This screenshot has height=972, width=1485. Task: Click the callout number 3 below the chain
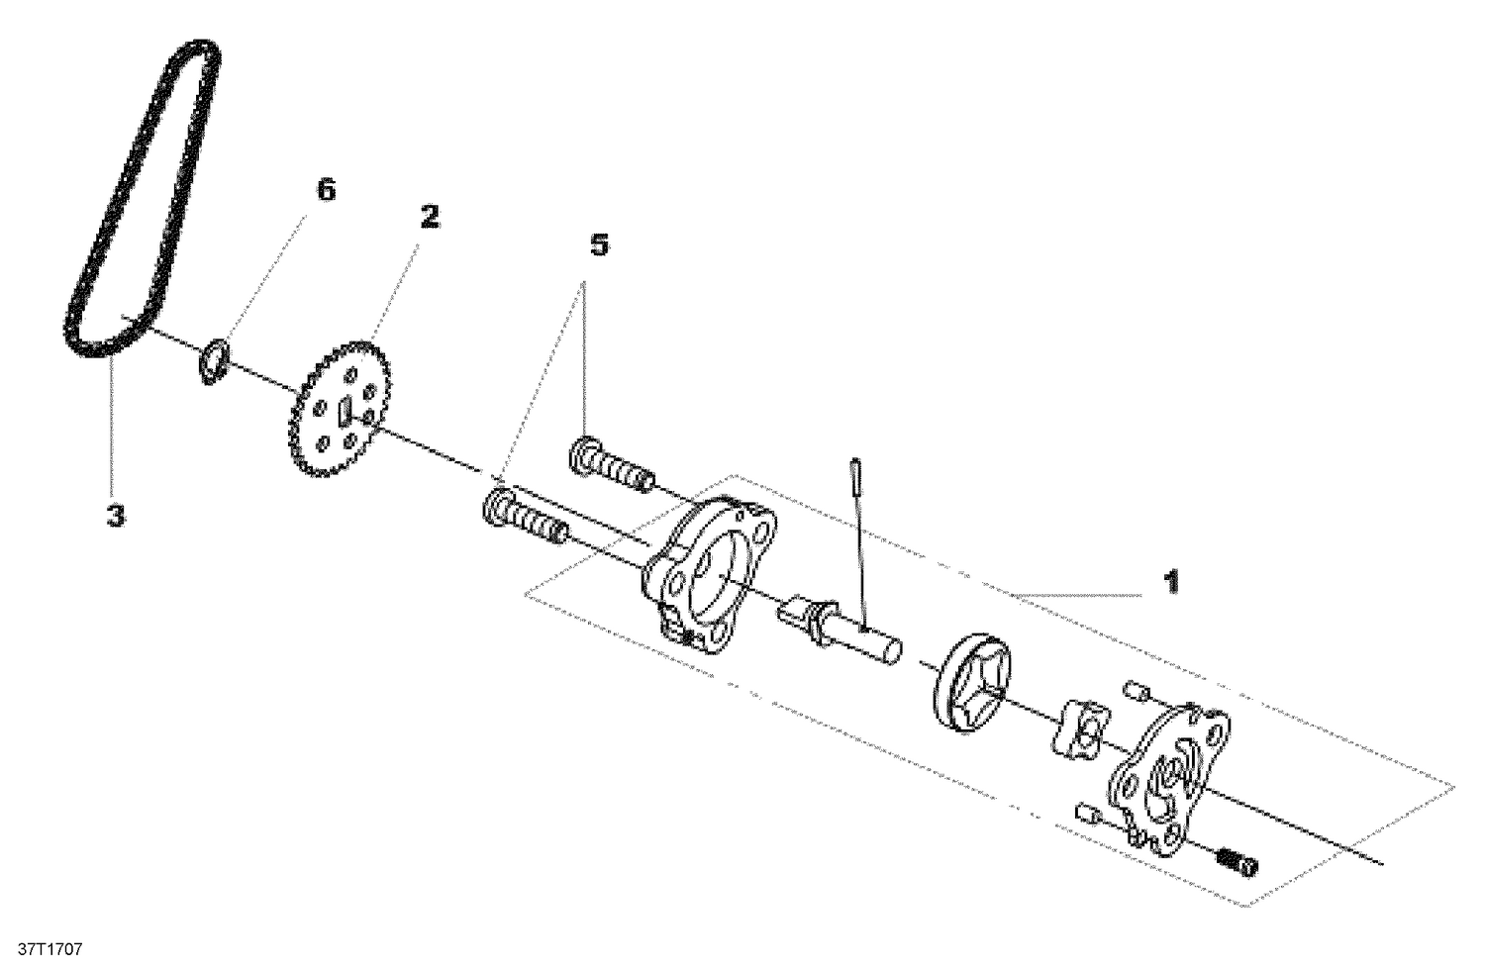tap(116, 515)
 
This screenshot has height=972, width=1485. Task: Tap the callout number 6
tap(325, 190)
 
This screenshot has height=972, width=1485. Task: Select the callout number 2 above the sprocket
tap(430, 216)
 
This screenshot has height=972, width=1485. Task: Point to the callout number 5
tap(599, 244)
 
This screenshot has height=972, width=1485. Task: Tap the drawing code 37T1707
tap(43, 949)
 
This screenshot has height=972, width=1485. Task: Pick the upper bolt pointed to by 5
tap(612, 466)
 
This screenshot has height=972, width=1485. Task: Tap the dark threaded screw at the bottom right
tap(1236, 861)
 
